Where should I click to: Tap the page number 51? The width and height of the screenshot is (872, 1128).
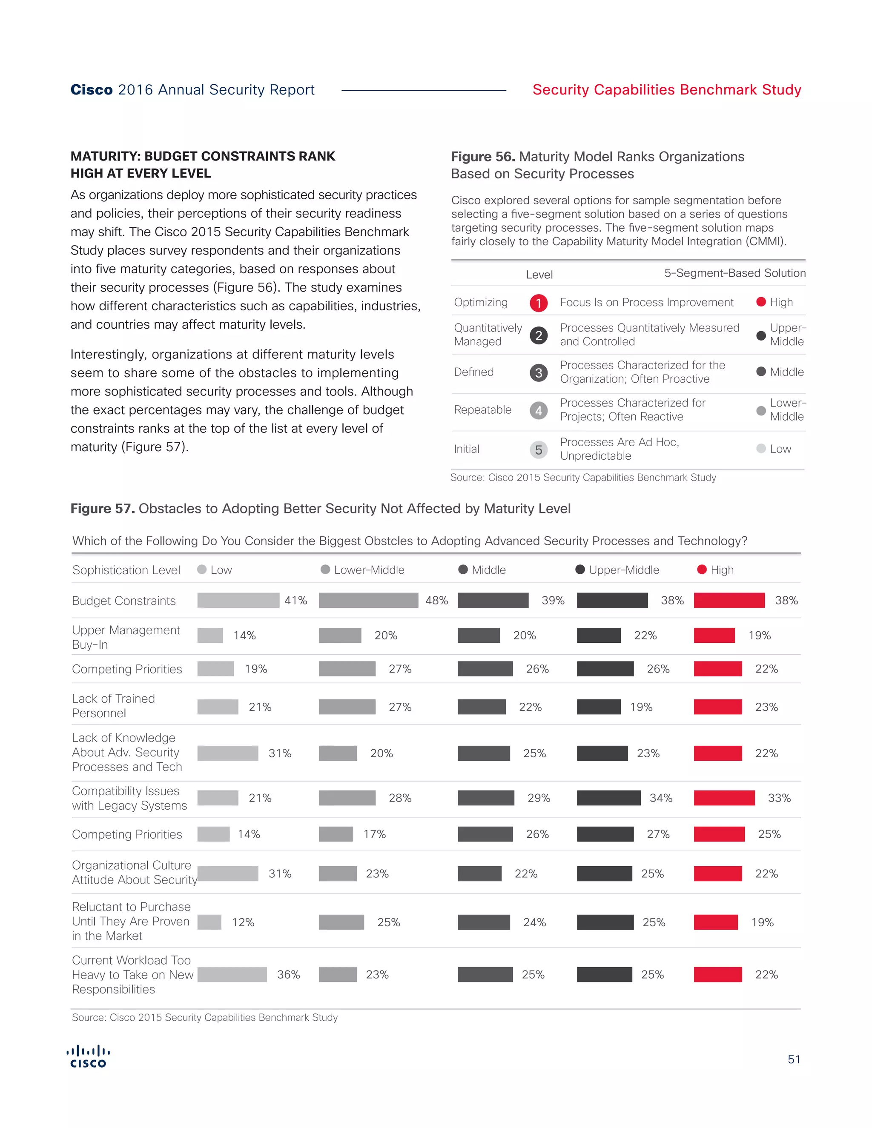(x=794, y=1059)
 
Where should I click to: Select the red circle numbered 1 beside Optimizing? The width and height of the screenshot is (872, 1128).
(x=538, y=303)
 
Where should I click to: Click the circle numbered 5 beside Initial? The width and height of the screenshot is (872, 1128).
(x=538, y=449)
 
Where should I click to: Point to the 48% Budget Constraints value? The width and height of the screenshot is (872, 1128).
(x=436, y=600)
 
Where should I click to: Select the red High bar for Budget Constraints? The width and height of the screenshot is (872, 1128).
(x=729, y=600)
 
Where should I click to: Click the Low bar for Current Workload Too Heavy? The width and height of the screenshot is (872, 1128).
(x=232, y=975)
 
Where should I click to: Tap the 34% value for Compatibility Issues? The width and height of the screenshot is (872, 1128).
(x=661, y=798)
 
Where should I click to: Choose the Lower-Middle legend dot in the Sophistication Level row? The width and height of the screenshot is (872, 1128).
(x=325, y=570)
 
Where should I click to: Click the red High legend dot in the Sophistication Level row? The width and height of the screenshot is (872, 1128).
(x=702, y=570)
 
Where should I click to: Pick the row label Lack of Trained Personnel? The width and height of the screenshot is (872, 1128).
(x=114, y=705)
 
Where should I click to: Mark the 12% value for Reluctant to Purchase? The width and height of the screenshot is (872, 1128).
(x=243, y=922)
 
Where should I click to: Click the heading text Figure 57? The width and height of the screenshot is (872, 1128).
(x=102, y=509)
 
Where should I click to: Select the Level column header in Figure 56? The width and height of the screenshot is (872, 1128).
(x=539, y=275)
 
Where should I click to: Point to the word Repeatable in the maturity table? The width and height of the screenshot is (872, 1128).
(x=482, y=410)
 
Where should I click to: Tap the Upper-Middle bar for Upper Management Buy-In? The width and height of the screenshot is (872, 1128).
(x=598, y=635)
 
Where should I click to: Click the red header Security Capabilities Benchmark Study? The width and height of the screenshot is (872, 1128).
(x=666, y=90)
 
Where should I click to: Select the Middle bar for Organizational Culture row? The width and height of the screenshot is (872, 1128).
(x=479, y=874)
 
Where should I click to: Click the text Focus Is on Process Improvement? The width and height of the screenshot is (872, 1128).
(x=646, y=303)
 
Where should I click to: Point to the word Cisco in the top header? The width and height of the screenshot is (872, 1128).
(x=92, y=90)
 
